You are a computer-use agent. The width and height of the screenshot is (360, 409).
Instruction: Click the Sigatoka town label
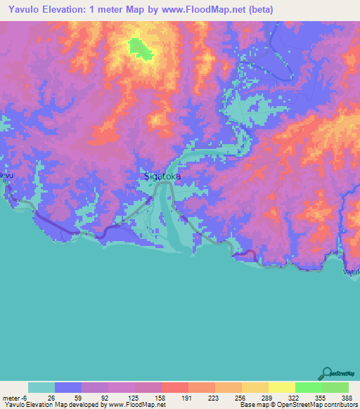coord(161,176)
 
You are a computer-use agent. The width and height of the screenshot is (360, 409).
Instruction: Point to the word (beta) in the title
coord(256,9)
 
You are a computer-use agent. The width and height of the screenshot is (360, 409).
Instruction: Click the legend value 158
coord(162,397)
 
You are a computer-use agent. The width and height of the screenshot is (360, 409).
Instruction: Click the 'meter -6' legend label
coord(15,397)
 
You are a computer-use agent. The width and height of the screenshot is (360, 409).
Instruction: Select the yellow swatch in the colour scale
coord(281,387)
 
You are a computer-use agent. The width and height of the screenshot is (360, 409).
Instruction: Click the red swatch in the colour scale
coord(174,387)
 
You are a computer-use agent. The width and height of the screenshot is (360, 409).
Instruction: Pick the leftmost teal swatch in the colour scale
coord(41,387)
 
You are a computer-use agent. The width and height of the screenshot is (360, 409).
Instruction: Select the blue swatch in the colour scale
coord(68,387)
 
